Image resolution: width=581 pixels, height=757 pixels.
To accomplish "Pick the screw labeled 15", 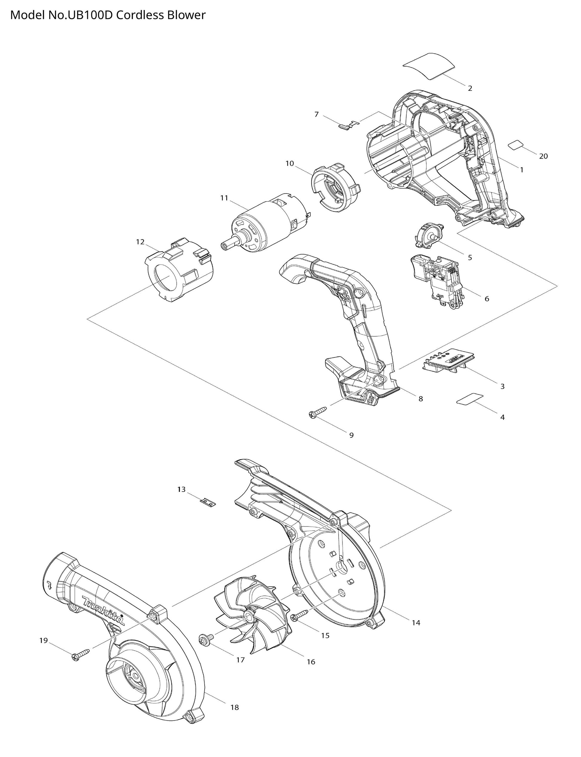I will click(x=299, y=615).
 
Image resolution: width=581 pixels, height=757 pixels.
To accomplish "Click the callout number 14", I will click(x=416, y=623).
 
